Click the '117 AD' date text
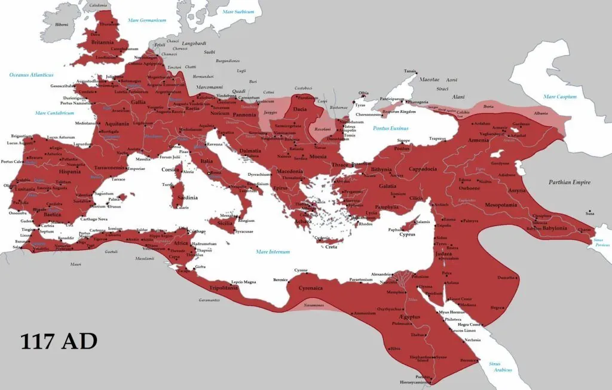pyautogui.click(x=59, y=341)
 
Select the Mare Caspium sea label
pyautogui.click(x=560, y=96)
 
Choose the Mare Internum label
pyautogui.click(x=273, y=252)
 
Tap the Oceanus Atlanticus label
pyautogui.click(x=31, y=75)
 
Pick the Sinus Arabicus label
pyautogui.click(x=500, y=367)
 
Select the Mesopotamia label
pyautogui.click(x=501, y=205)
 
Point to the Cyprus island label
pyautogui.click(x=408, y=234)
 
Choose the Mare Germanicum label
pyautogui.click(x=147, y=20)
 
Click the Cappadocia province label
pyautogui.click(x=423, y=169)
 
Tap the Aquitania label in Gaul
pyautogui.click(x=117, y=124)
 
